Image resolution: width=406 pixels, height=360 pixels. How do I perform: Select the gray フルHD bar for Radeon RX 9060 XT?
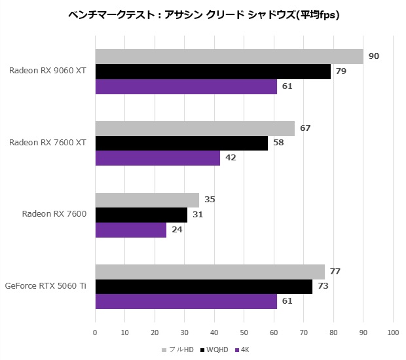click(229, 57)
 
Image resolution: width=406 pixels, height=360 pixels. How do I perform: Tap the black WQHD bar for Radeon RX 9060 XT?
click(213, 71)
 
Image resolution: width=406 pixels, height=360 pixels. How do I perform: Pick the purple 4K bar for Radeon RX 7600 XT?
click(158, 158)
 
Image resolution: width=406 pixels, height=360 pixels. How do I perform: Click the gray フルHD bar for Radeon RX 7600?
click(147, 200)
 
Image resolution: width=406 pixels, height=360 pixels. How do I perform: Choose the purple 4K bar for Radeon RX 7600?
click(131, 230)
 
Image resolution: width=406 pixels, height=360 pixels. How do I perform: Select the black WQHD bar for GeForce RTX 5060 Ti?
click(204, 287)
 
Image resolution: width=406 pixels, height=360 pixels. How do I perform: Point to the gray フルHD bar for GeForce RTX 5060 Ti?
click(210, 272)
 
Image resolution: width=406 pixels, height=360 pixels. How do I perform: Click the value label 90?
click(374, 56)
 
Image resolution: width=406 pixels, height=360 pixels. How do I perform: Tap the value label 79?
click(341, 71)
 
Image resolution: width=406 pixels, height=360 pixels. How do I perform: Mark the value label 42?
click(231, 158)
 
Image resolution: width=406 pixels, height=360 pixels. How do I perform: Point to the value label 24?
click(177, 230)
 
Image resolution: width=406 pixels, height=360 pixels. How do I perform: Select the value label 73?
click(323, 287)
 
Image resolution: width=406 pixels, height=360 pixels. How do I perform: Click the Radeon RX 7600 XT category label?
click(49, 143)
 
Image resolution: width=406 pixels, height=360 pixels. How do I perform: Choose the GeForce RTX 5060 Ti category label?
click(46, 286)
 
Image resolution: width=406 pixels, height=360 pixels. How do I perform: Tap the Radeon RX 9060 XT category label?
click(49, 71)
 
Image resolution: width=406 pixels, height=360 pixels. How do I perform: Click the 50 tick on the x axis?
click(244, 332)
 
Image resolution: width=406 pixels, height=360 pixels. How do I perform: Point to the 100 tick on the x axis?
click(393, 332)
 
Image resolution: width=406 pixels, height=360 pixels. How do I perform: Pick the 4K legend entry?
click(244, 350)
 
